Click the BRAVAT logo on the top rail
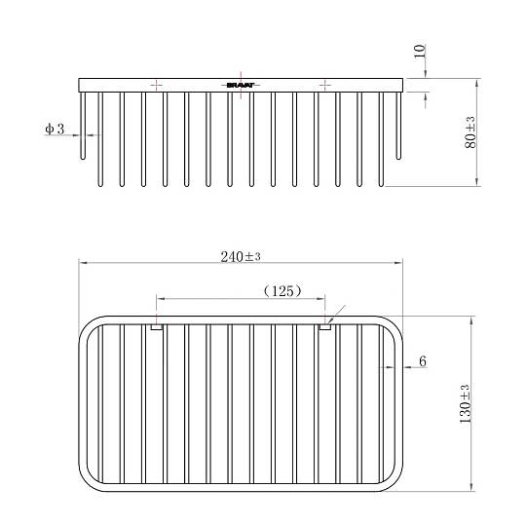[241, 85]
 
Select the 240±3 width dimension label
[241, 257]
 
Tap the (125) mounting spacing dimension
[282, 291]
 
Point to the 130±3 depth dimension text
[465, 403]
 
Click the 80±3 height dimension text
[470, 132]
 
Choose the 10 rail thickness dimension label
[420, 51]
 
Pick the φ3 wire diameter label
[55, 129]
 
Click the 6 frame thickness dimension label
[423, 361]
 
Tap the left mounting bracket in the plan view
[157, 327]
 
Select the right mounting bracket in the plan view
[324, 327]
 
